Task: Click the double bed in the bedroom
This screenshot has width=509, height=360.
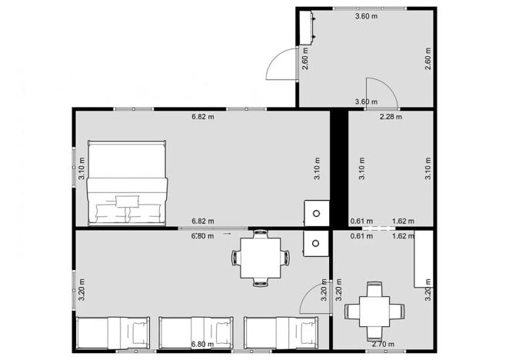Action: click(x=128, y=183)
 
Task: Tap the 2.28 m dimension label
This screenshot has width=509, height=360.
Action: click(x=391, y=118)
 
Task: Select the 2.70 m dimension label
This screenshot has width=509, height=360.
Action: click(x=382, y=344)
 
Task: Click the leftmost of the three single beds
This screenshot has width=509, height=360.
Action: click(x=114, y=333)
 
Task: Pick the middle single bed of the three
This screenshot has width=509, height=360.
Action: click(x=195, y=333)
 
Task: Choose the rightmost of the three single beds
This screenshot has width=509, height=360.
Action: click(x=281, y=333)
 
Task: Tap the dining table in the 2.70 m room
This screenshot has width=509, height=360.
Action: click(x=374, y=310)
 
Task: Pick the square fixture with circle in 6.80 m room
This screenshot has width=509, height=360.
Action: click(x=315, y=243)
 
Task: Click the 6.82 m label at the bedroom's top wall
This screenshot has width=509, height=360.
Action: click(x=203, y=118)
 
